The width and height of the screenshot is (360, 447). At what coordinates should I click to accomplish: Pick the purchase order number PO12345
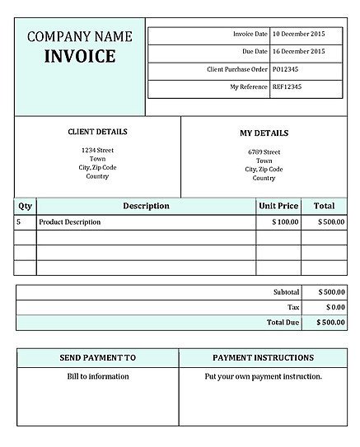[286, 69]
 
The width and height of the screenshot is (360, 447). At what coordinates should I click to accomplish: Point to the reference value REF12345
[288, 86]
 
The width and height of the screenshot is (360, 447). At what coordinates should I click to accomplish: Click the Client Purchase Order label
[237, 69]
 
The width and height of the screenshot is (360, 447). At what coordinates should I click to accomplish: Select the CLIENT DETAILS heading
[97, 132]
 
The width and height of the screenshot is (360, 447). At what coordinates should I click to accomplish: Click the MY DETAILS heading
[264, 133]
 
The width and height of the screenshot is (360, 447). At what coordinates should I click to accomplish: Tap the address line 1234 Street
[97, 150]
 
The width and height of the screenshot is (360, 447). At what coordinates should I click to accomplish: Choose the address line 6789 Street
[264, 151]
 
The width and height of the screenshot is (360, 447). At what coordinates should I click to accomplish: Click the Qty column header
[26, 206]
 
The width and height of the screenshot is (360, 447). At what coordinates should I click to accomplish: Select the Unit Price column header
[278, 206]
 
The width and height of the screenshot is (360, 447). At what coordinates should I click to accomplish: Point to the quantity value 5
[19, 222]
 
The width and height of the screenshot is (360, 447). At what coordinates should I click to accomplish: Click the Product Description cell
[70, 222]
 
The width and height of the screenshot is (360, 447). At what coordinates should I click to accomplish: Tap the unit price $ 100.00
[285, 222]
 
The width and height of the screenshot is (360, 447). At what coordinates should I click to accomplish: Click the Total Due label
[283, 323]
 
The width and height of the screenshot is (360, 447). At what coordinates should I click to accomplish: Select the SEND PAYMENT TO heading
[98, 358]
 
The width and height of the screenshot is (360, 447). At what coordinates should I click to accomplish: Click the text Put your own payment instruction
[263, 377]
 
